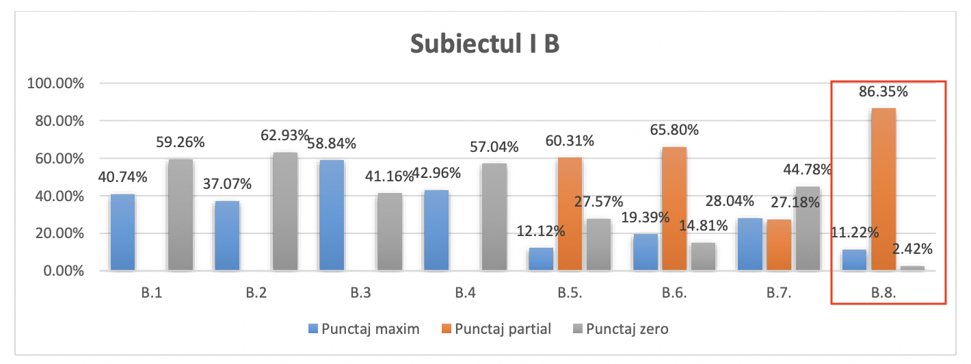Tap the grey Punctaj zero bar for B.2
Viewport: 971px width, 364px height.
click(285, 211)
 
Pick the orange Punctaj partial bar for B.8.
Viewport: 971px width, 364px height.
click(883, 189)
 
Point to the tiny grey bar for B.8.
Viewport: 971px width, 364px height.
click(912, 268)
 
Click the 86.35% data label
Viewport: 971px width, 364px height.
click(883, 91)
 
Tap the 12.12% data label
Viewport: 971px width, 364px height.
click(541, 231)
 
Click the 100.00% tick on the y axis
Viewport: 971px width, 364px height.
click(54, 83)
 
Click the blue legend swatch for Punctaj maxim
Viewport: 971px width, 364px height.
click(312, 329)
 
